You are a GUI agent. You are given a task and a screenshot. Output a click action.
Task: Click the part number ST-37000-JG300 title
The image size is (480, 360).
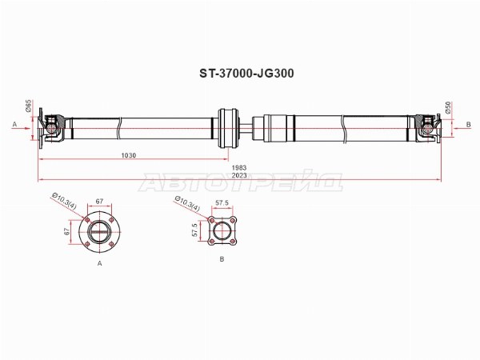pos(246,74)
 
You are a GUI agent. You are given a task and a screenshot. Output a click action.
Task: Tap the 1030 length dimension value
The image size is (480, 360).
pos(129,155)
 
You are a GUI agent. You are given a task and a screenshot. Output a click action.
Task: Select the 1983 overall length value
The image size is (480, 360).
pos(239,168)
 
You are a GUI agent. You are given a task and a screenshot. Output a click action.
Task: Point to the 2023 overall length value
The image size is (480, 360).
pos(239,175)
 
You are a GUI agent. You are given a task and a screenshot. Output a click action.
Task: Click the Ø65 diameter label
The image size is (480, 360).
pos(28,106)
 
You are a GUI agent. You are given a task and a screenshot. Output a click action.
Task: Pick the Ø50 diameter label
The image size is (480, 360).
pos(448,108)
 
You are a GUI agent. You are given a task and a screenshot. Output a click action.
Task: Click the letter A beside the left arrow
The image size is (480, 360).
pos(14,124)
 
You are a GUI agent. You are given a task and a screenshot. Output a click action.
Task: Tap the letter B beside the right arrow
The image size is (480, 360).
pos(468,124)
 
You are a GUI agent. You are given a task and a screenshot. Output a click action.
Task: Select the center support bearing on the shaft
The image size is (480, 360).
pos(228,128)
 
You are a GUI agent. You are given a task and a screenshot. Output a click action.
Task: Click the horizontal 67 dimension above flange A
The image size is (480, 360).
pos(99,202)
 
